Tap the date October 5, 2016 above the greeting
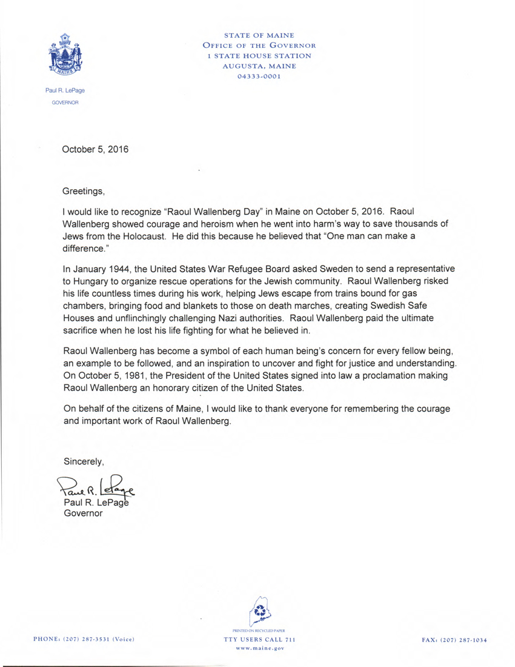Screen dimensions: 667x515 (96, 150)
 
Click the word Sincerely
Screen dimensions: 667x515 (84, 462)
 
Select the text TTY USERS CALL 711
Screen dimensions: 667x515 (259, 640)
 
